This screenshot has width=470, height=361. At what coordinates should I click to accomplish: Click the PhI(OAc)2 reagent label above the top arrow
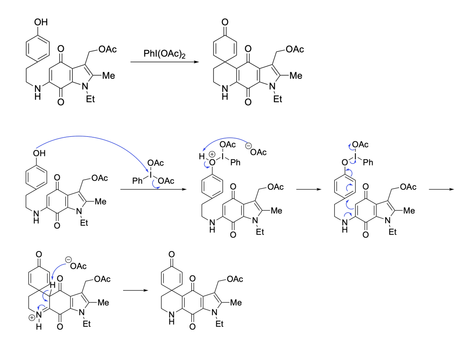point(164,54)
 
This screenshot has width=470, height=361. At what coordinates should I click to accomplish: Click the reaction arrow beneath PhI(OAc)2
point(165,62)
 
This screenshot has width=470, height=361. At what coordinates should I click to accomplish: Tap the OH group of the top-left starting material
point(41,22)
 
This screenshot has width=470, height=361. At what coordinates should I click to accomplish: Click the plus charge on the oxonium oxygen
point(212,154)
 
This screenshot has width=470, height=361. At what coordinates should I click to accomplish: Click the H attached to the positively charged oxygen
point(202,156)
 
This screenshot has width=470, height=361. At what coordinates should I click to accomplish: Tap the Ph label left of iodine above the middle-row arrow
point(137,180)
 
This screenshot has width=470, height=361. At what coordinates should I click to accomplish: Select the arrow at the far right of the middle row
point(441,189)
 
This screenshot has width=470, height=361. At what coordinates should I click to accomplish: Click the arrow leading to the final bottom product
point(135,290)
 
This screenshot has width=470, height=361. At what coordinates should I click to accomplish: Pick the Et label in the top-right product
point(278,99)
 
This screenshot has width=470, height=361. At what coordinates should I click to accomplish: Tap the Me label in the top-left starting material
point(108,75)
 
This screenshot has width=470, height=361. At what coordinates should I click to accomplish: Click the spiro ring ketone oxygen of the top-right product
point(225,22)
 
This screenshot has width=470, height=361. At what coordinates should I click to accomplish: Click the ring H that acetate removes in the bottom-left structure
point(53,285)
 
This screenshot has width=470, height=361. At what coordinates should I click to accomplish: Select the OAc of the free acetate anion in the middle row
point(258,152)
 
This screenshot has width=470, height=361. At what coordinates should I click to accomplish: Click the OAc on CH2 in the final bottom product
point(235,279)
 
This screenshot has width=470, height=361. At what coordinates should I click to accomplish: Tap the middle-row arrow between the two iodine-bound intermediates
point(309,189)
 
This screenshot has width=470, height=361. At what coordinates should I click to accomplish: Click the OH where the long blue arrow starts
point(39,153)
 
